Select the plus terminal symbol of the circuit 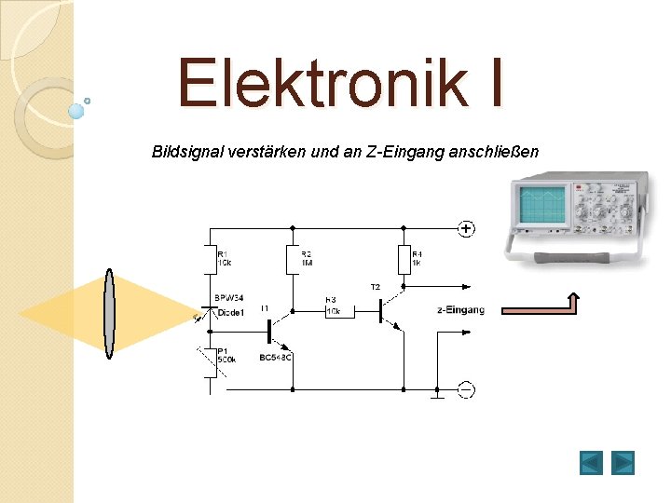point(465,228)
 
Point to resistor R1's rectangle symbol point(209,260)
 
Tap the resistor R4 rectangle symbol point(404,260)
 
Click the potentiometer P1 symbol point(209,359)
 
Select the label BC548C point(277,357)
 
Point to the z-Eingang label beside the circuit point(460,310)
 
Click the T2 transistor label point(376,287)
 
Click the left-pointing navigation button point(591,462)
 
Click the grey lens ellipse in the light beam point(109,313)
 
